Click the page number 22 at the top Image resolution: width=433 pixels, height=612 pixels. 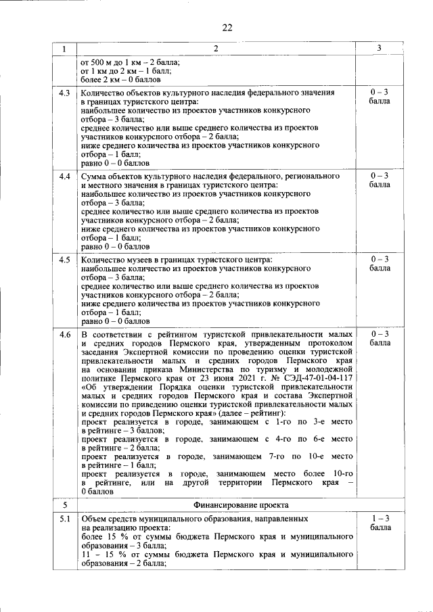point(227,27)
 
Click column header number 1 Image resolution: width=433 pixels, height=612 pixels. point(65,48)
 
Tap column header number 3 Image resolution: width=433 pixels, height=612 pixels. point(380,48)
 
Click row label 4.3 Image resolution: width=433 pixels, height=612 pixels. point(65,92)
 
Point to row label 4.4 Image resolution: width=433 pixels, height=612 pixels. point(65,176)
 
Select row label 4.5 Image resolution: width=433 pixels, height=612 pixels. point(65,260)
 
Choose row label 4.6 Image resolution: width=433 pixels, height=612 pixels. point(65,335)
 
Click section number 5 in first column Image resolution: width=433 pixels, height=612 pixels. point(65,504)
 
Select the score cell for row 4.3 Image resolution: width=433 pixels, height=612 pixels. point(380,96)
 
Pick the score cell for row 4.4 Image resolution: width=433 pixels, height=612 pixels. point(380,180)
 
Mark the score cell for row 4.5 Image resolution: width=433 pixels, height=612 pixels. point(380,264)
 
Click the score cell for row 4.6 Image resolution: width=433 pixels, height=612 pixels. point(380,339)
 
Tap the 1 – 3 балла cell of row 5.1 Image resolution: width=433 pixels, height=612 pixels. point(380,523)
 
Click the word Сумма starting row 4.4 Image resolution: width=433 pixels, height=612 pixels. point(93,176)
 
